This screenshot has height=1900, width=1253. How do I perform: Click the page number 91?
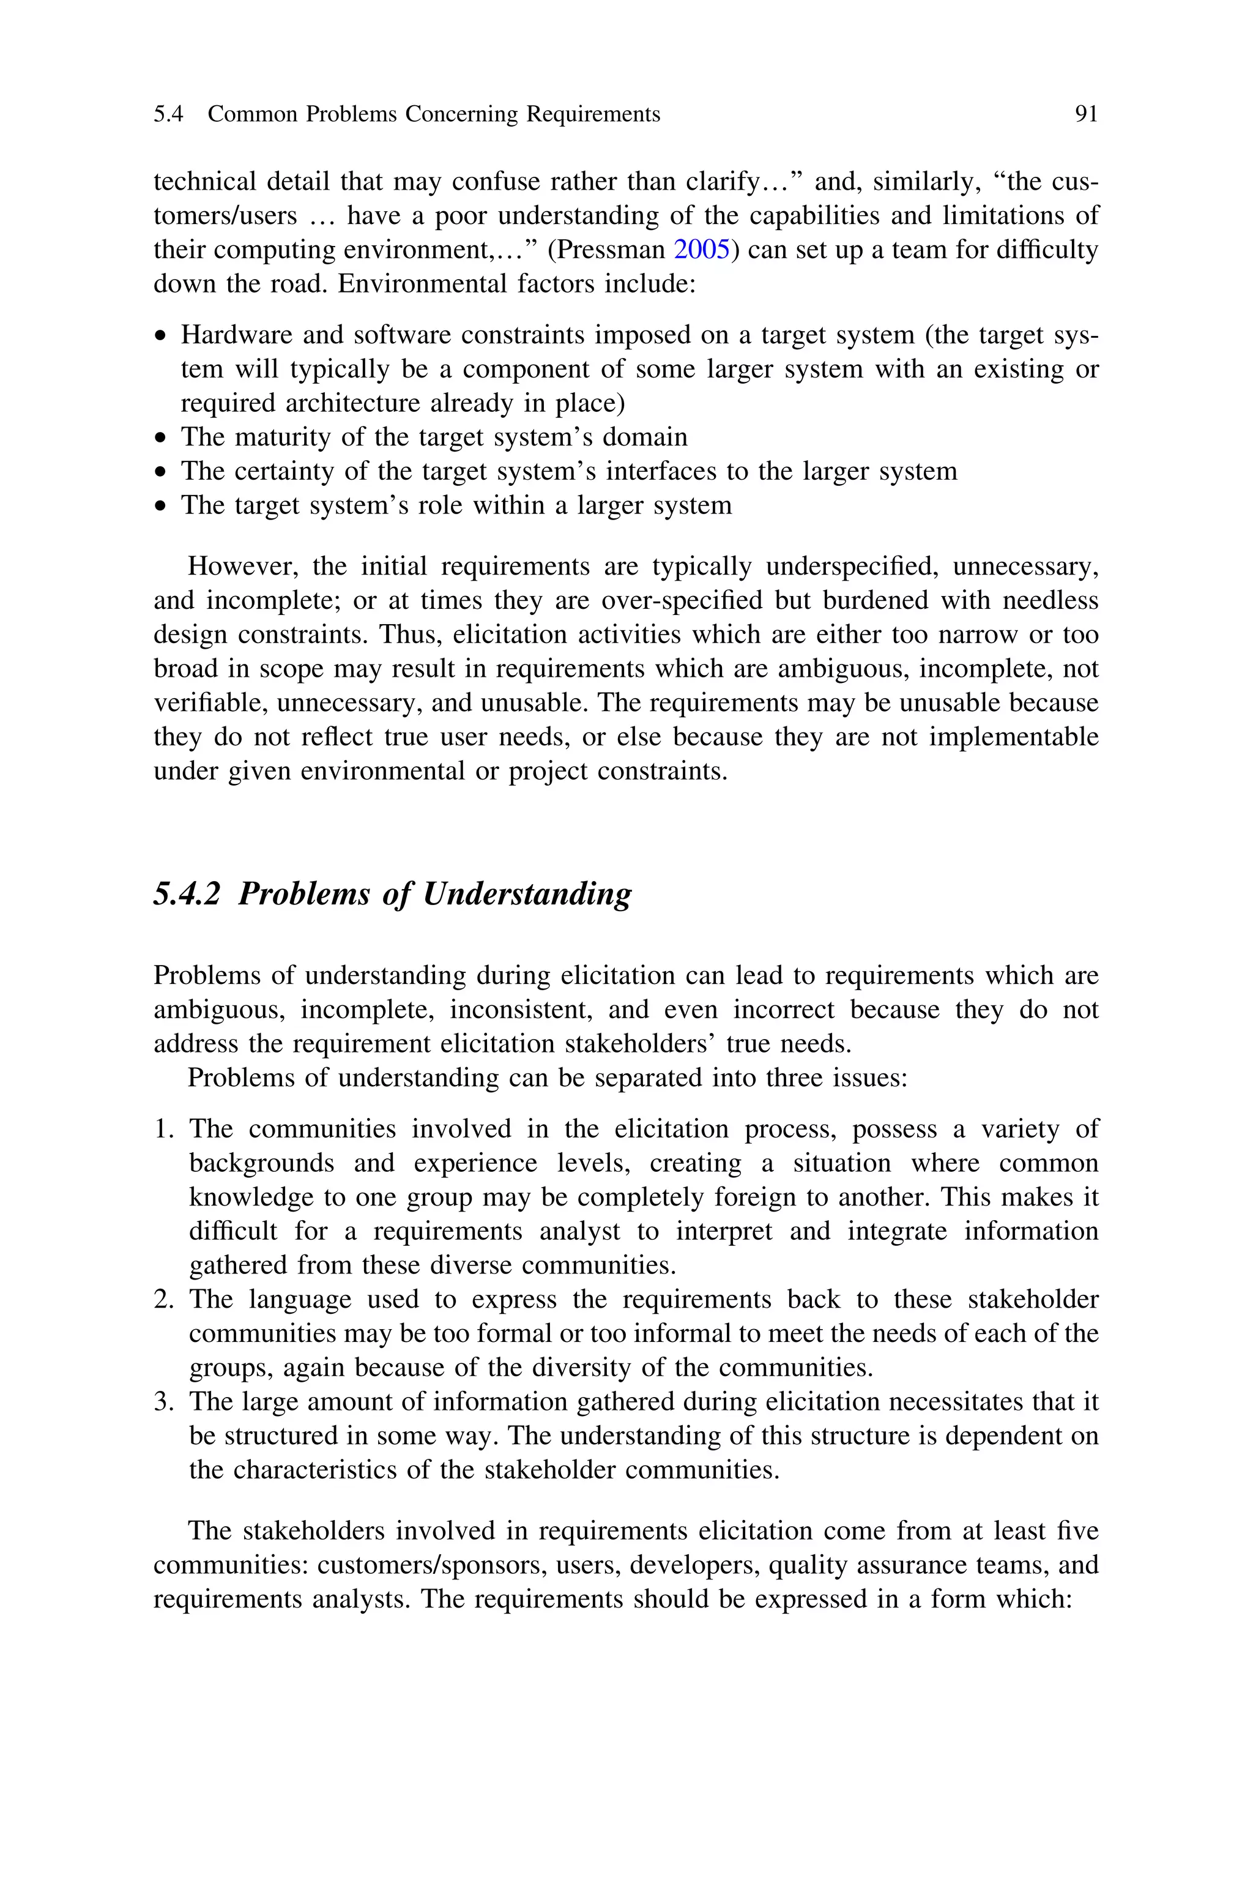1086,115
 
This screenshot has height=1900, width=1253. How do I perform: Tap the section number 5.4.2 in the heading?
186,893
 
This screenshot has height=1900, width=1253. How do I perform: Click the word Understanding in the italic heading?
527,894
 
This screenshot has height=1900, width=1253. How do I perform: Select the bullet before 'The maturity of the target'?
162,439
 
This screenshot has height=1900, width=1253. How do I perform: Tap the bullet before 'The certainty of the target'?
162,473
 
